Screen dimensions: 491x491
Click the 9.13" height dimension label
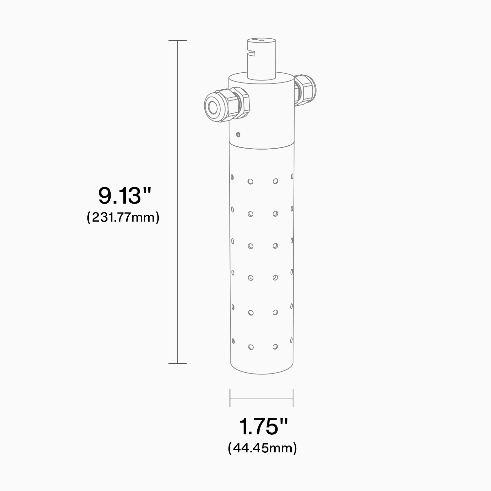click(125, 195)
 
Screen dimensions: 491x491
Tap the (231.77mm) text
click(123, 217)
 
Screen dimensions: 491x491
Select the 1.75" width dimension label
click(263, 426)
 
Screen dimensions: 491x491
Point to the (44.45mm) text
click(262, 448)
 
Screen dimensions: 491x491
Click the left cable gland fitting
click(227, 104)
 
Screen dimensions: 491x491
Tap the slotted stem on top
click(262, 58)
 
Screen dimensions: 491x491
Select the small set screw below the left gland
click(238, 134)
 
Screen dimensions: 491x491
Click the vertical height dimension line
click(177, 202)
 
